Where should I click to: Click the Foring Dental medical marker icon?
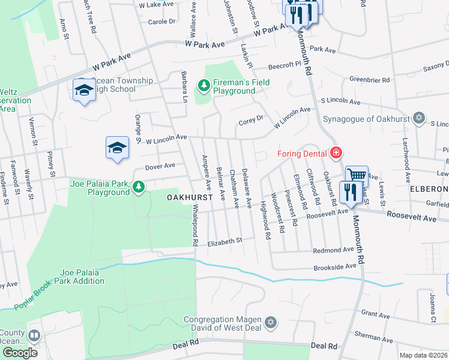coord(336,153)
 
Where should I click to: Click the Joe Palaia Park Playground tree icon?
coord(139,188)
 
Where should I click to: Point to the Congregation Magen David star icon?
coord(271,323)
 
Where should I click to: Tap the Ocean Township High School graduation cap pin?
coord(84,91)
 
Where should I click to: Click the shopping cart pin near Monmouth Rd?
coord(357,176)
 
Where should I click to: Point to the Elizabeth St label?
coord(224,242)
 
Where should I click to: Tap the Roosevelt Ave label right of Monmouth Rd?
coord(412,217)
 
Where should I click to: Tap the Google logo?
coord(20,352)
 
